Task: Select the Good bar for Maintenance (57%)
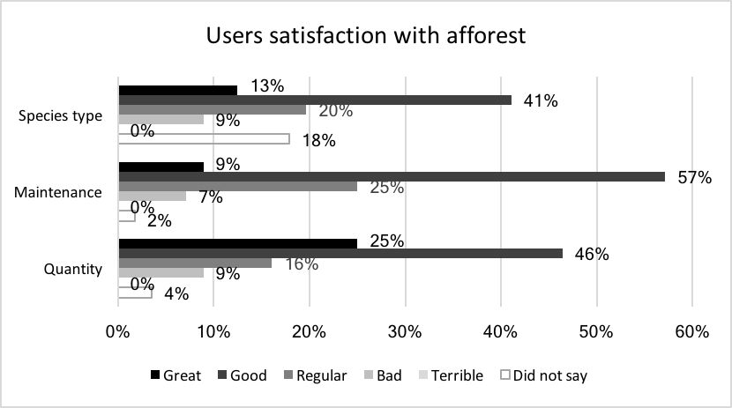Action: [392, 176]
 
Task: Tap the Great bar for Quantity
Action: [237, 243]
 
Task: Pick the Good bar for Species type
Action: [315, 100]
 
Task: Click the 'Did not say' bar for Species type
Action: [204, 138]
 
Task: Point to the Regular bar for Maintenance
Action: [237, 186]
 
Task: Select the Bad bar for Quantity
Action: [161, 272]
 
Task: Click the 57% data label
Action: [694, 177]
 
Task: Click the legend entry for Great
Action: [174, 375]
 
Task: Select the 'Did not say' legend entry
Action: [543, 375]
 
